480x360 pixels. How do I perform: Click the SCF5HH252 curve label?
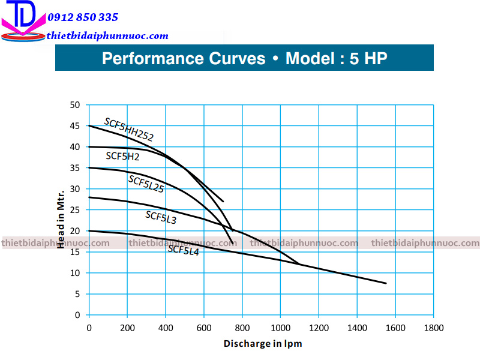(128, 129)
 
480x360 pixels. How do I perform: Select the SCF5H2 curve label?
(122, 157)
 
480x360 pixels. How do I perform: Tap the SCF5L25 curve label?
(146, 184)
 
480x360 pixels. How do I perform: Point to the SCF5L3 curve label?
(161, 217)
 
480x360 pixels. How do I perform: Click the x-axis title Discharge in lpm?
(263, 344)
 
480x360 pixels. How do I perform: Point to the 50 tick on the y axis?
(74, 105)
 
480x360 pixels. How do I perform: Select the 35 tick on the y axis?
(74, 168)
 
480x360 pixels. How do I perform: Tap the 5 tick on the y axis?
(77, 294)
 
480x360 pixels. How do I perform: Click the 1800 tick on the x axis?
(434, 328)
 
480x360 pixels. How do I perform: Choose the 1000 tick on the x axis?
(280, 328)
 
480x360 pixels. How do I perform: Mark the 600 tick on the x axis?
(204, 328)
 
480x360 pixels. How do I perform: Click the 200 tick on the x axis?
(127, 328)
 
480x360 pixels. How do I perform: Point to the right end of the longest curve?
(386, 283)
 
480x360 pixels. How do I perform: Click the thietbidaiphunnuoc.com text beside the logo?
(107, 36)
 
